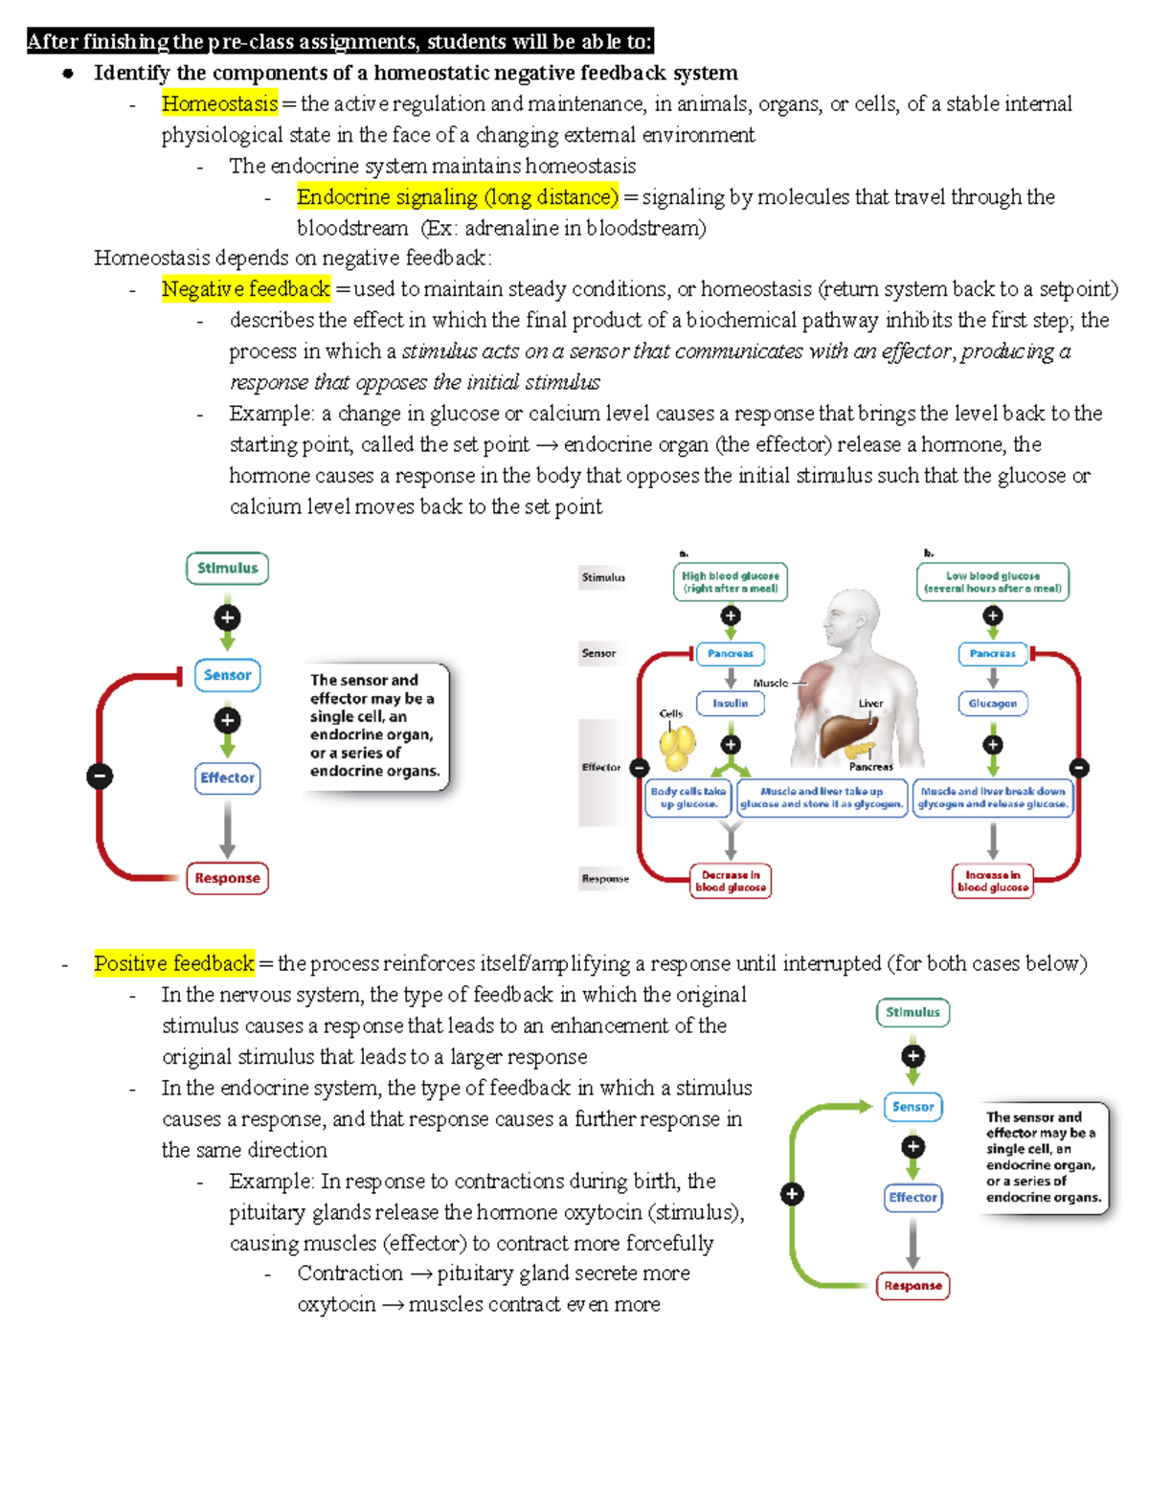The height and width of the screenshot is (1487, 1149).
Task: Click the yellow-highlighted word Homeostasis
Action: point(219,103)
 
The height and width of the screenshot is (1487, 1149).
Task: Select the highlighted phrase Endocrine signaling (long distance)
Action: point(458,196)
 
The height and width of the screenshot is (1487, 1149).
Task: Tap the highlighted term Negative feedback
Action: point(245,288)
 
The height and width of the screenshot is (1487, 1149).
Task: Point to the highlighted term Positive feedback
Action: point(174,962)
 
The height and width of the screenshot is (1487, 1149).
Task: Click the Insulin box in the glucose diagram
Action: point(731,703)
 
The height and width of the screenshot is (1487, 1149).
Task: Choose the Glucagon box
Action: point(992,703)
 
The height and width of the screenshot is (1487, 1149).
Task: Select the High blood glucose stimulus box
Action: point(731,582)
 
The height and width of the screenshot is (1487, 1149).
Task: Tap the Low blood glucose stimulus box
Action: point(992,582)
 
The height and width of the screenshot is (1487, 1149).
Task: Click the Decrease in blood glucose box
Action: point(731,881)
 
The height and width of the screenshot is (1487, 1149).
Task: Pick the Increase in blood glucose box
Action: point(992,881)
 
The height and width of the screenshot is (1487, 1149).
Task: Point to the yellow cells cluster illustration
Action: point(678,745)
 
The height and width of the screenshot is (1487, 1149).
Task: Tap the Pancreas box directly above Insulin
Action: point(731,654)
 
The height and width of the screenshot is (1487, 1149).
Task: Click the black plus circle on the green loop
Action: point(792,1194)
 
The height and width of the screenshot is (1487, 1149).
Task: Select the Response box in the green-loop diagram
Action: point(912,1286)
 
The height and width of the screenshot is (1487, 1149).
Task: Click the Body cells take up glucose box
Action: point(688,798)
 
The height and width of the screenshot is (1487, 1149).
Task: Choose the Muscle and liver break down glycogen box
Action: point(992,798)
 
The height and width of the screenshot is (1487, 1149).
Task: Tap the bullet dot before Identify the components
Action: point(68,74)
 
